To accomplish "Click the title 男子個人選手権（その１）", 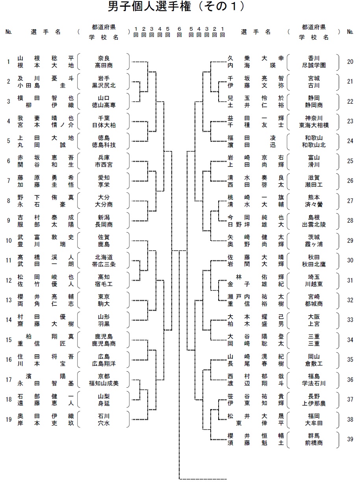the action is click(x=176, y=6).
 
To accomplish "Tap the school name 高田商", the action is click(x=104, y=65).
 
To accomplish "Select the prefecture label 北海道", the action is click(x=104, y=257).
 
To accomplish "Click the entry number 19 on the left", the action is click(x=9, y=419).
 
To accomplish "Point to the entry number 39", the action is click(x=350, y=439).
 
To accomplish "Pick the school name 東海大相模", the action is click(x=314, y=125).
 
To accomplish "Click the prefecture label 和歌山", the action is click(x=314, y=138).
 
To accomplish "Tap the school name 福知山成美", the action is click(x=104, y=383).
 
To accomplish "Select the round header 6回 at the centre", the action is click(x=179, y=32).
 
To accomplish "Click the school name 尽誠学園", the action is click(x=314, y=65).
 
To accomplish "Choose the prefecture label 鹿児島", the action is click(x=104, y=336).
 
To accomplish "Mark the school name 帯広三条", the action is click(x=104, y=264).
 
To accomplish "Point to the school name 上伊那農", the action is click(x=314, y=403).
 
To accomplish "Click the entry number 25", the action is click(x=350, y=161).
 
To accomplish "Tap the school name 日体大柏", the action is click(x=104, y=125).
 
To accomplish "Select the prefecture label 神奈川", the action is click(x=314, y=118).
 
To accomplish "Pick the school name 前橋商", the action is click(x=314, y=443).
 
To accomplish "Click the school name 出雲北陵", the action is click(x=314, y=225).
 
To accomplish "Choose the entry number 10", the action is click(x=9, y=240).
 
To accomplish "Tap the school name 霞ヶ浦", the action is click(x=314, y=244).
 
